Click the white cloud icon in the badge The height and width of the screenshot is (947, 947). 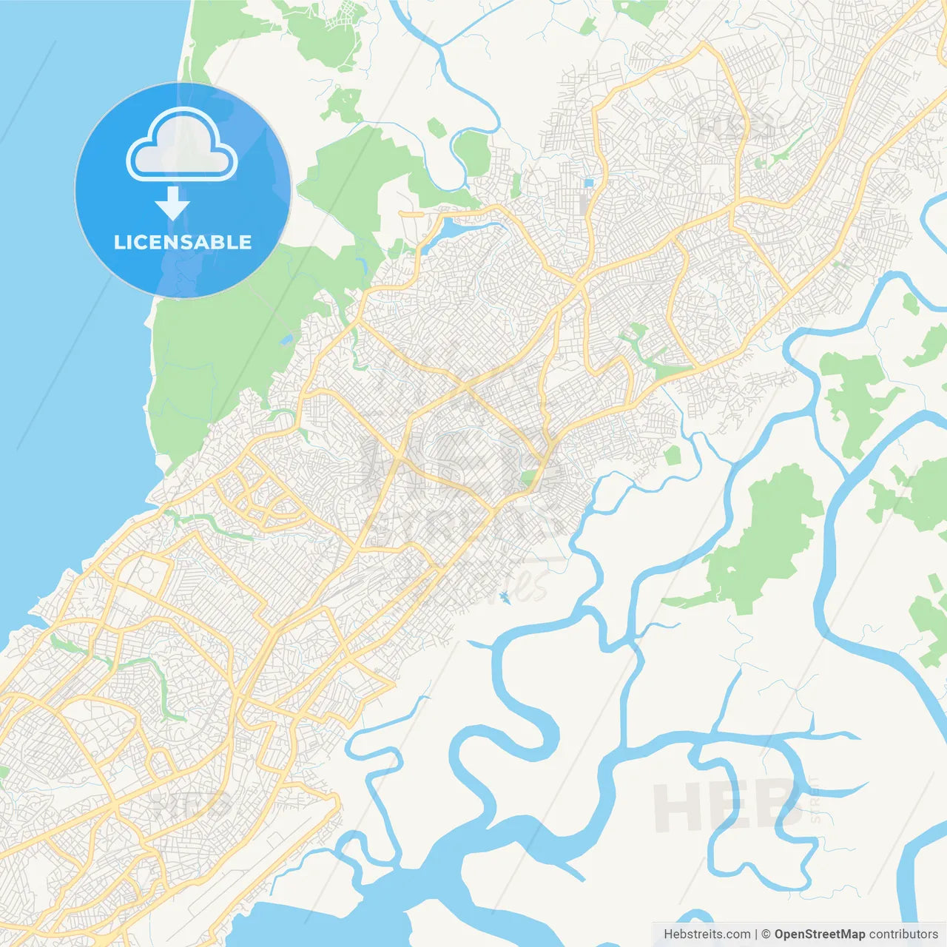point(182,146)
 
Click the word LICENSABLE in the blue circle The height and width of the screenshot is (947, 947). point(183,242)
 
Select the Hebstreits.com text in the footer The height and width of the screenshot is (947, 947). point(707,934)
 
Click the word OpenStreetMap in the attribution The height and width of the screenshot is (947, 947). point(819,934)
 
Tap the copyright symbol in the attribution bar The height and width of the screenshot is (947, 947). point(766,934)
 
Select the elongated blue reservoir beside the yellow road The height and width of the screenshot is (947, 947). point(453,229)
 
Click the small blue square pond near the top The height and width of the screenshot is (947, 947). point(589,182)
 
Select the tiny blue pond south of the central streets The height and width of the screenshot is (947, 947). point(505,596)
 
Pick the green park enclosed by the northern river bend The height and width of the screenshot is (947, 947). point(473,152)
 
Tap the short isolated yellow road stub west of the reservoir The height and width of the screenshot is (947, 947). point(411,213)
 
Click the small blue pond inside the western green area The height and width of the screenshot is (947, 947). point(286,340)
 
